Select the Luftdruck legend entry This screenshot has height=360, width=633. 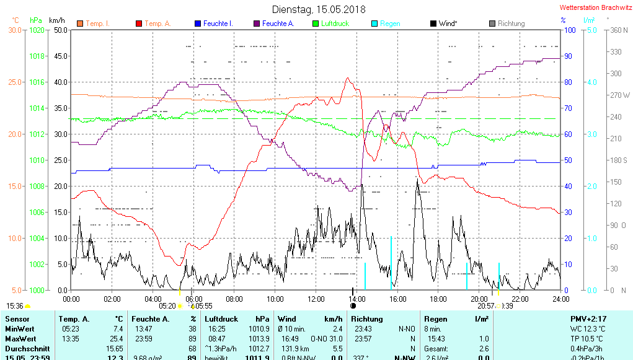(335, 24)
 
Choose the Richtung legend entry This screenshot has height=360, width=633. (511, 24)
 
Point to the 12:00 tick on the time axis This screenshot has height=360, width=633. (316, 299)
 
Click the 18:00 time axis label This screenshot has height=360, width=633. (438, 299)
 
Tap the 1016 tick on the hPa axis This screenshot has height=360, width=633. (38, 82)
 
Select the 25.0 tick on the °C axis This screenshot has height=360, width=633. (14, 82)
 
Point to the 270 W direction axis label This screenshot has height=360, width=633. (620, 95)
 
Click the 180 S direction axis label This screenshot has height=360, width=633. (620, 160)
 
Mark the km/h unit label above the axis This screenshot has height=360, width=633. (57, 20)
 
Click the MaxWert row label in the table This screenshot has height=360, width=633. (20, 338)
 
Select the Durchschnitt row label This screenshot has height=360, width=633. (24, 349)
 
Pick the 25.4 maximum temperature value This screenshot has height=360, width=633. (115, 338)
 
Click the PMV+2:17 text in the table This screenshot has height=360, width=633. (590, 318)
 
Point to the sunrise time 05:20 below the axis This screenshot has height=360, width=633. (167, 305)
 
